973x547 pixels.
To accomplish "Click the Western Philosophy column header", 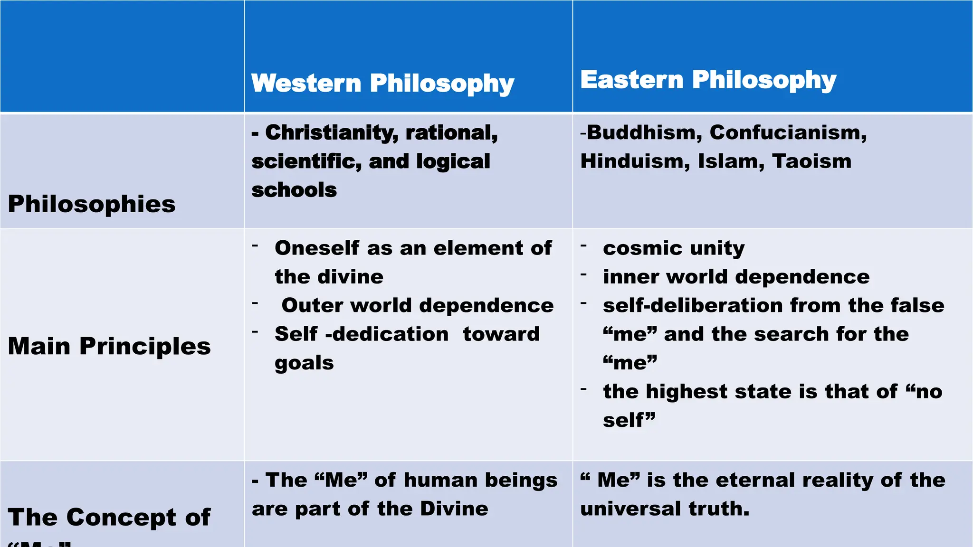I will (382, 83).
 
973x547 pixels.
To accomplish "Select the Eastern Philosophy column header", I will (708, 80).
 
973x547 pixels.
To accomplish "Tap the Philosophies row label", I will (92, 204).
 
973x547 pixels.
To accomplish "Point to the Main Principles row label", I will (109, 346).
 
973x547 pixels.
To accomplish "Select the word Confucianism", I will (788, 132).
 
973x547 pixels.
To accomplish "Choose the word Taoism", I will (811, 161).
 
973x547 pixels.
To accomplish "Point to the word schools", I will (294, 190).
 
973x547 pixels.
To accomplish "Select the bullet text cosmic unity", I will (674, 248).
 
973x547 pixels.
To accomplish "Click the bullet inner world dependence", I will (736, 277).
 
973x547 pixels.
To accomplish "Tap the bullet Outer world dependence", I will (417, 305).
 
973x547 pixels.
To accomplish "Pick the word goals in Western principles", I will (304, 363).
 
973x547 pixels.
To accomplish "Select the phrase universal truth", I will (665, 509).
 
